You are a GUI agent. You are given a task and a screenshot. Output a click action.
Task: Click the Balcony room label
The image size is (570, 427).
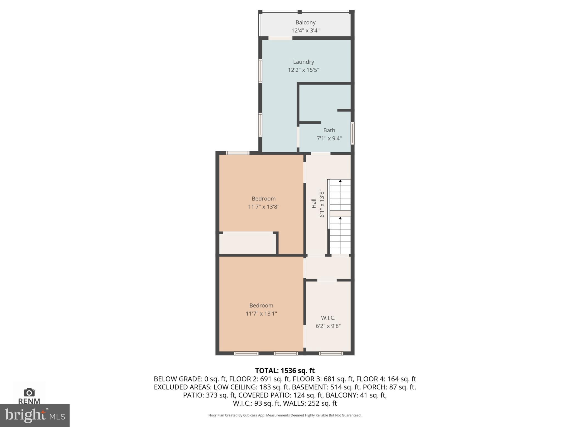(305, 23)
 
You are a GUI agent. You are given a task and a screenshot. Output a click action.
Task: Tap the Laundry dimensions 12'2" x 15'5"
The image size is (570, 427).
(303, 70)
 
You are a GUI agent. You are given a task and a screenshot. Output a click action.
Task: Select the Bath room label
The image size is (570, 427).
(329, 130)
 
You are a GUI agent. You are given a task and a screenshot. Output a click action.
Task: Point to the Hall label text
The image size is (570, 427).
(314, 203)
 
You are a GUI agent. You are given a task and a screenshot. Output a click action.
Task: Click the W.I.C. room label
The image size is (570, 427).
(328, 318)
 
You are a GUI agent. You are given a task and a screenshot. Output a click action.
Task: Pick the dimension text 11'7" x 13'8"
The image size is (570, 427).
(264, 207)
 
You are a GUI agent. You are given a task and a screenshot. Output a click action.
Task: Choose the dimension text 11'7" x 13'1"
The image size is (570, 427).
(261, 314)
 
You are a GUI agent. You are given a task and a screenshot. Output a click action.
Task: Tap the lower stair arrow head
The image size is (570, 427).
(340, 218)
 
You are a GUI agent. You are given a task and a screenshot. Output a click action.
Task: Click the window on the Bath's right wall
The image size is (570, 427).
(352, 133)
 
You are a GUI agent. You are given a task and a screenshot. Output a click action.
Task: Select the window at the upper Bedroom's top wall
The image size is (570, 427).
(237, 153)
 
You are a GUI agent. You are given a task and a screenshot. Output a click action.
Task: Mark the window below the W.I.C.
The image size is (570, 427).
(331, 353)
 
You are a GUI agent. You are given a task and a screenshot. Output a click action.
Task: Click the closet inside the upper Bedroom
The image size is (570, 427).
(247, 244)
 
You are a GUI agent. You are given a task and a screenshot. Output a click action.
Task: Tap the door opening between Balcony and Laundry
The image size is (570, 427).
(280, 38)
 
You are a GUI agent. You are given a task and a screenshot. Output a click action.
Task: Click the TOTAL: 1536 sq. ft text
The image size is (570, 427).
(285, 371)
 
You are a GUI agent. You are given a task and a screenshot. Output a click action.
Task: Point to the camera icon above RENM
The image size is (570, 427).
(29, 392)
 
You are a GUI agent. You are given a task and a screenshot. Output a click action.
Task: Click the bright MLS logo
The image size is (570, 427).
(35, 415)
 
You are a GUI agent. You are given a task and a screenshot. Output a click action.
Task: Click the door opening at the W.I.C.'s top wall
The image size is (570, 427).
(327, 280)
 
